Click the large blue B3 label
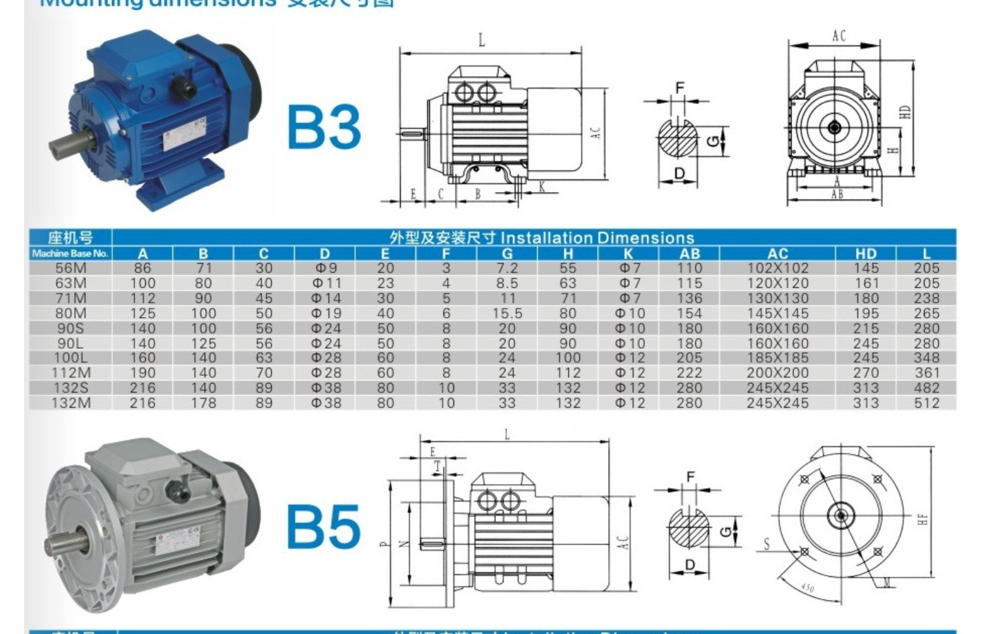[324, 127]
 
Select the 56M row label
[70, 268]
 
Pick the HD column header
[866, 254]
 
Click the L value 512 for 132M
[927, 403]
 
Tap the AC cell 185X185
[778, 358]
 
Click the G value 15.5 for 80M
[507, 313]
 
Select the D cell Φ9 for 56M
[325, 268]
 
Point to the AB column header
[689, 254]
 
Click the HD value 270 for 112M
[866, 373]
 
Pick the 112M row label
[70, 373]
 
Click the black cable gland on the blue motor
[186, 86]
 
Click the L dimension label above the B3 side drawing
[482, 41]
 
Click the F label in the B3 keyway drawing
[680, 87]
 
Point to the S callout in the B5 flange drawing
[766, 543]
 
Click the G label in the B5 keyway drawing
[725, 529]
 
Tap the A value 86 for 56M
[142, 268]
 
